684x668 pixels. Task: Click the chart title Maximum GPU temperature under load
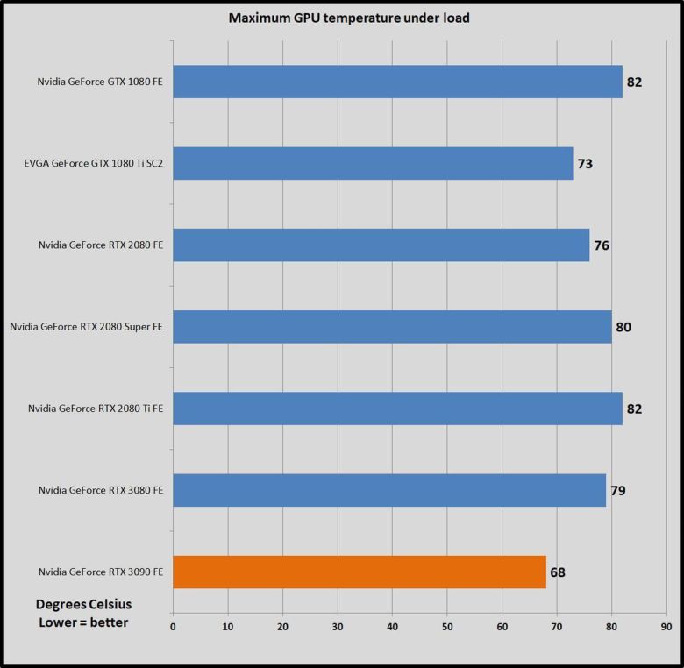(349, 18)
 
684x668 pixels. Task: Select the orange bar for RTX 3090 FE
(360, 572)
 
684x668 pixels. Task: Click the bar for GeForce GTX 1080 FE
(397, 82)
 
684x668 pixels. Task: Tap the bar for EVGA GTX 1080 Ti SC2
(373, 163)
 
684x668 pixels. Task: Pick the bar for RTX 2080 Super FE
(392, 327)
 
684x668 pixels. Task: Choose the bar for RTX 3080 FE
(389, 490)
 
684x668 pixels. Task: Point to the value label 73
(585, 164)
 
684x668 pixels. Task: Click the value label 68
(558, 572)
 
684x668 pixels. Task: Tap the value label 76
(602, 245)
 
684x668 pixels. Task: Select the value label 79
(617, 491)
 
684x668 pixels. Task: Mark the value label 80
(623, 328)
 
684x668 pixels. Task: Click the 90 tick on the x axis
(666, 627)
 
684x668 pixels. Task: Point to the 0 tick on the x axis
(173, 627)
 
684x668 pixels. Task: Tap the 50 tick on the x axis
(447, 627)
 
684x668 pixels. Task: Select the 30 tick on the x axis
(338, 627)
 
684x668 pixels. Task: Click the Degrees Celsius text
(83, 605)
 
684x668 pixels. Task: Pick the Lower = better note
(83, 622)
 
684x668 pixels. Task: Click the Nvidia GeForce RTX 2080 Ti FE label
(96, 409)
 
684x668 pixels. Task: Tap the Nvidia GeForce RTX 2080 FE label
(101, 245)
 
